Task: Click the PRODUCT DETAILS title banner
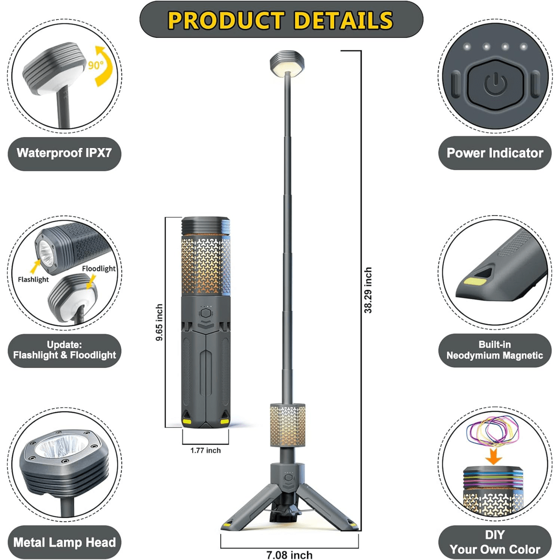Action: [281, 20]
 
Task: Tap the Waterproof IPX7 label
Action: [64, 153]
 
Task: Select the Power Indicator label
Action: [495, 153]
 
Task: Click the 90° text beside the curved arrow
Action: [95, 65]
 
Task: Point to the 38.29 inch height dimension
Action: [368, 290]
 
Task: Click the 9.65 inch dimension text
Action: [159, 322]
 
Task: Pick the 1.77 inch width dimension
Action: [205, 450]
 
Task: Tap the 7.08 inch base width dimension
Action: [289, 555]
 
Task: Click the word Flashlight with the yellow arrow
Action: [34, 279]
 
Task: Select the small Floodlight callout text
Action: [98, 268]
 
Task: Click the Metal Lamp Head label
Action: [64, 542]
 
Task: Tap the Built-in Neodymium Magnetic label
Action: [495, 350]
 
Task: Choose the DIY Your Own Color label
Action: [495, 542]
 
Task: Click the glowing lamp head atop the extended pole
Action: [287, 64]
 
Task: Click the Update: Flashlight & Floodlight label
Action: [64, 350]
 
